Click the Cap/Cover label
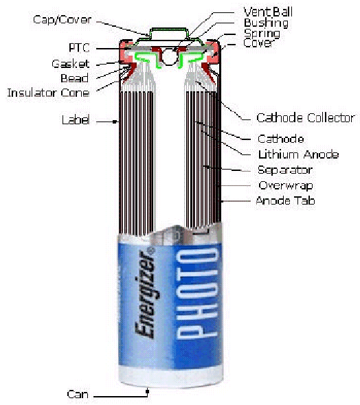(x=62, y=20)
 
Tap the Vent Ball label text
(x=268, y=12)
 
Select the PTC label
(x=79, y=48)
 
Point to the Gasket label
(x=71, y=64)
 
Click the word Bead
(x=74, y=78)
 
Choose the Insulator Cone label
(x=48, y=93)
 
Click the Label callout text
(x=76, y=120)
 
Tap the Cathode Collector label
(x=306, y=118)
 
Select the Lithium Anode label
(x=298, y=154)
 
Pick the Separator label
(x=285, y=170)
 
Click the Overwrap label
(x=286, y=185)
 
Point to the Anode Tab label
(x=285, y=200)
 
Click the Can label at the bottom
(x=78, y=394)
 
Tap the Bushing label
(x=266, y=23)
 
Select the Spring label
(x=262, y=34)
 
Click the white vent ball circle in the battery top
(x=169, y=56)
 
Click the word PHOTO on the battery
(x=197, y=293)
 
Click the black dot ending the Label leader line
(x=115, y=121)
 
